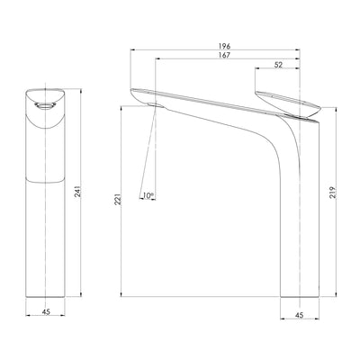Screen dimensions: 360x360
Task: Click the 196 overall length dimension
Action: click(x=223, y=44)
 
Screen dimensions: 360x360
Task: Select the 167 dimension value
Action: click(x=223, y=56)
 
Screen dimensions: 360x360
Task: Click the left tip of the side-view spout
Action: click(x=133, y=91)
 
